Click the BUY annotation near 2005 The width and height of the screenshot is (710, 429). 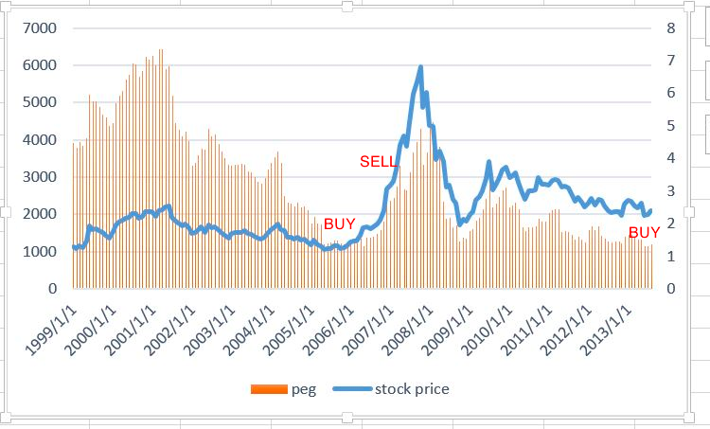(x=341, y=224)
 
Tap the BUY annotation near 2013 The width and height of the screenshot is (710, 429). (x=645, y=232)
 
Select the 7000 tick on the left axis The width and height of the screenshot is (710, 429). (x=39, y=28)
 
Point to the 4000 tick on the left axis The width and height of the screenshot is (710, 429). (x=39, y=140)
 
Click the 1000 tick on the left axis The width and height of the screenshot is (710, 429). (x=39, y=251)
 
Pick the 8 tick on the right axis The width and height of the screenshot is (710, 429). (x=671, y=28)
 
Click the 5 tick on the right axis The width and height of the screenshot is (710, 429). (x=671, y=126)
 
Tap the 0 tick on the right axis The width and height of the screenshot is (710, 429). (x=671, y=288)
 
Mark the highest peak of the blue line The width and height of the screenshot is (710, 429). (x=420, y=67)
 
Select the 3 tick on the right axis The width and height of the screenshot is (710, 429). (x=671, y=190)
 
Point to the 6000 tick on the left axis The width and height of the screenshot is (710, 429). (x=39, y=65)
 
